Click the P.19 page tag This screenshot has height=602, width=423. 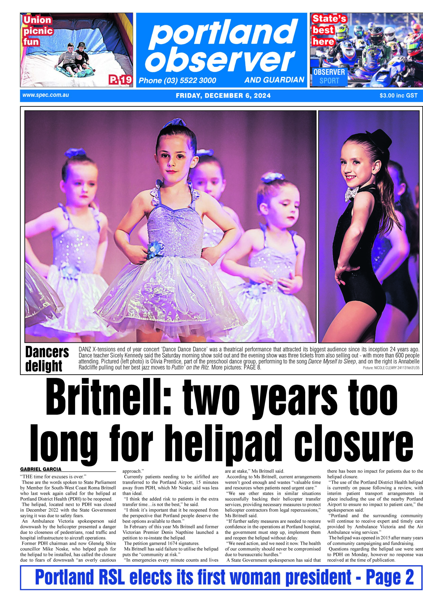[x=121, y=80]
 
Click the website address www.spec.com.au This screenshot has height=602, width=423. [x=46, y=95]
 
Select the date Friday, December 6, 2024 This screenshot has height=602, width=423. [x=223, y=95]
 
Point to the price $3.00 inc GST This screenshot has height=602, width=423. [x=398, y=95]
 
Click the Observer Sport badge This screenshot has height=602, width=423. [x=329, y=76]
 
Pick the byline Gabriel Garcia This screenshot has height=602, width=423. [x=41, y=469]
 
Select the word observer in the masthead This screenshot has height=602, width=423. [x=222, y=60]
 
